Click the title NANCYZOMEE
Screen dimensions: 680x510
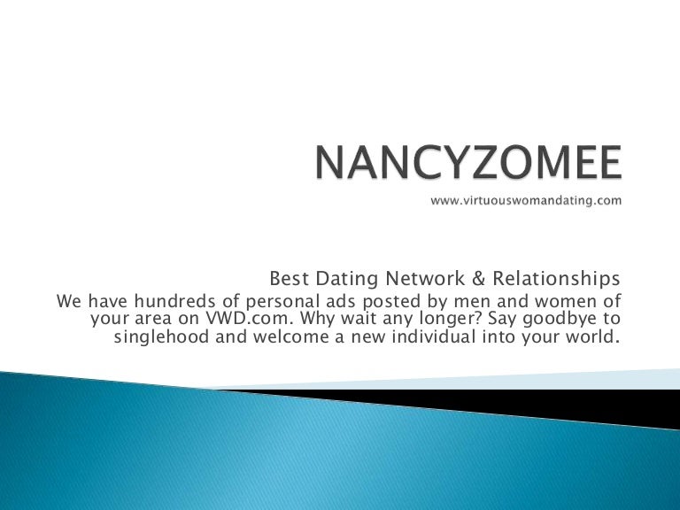coord(468,162)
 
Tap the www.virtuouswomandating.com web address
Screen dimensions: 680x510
coord(526,200)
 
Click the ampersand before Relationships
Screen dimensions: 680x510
coord(478,278)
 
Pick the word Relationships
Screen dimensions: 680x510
coord(556,279)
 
